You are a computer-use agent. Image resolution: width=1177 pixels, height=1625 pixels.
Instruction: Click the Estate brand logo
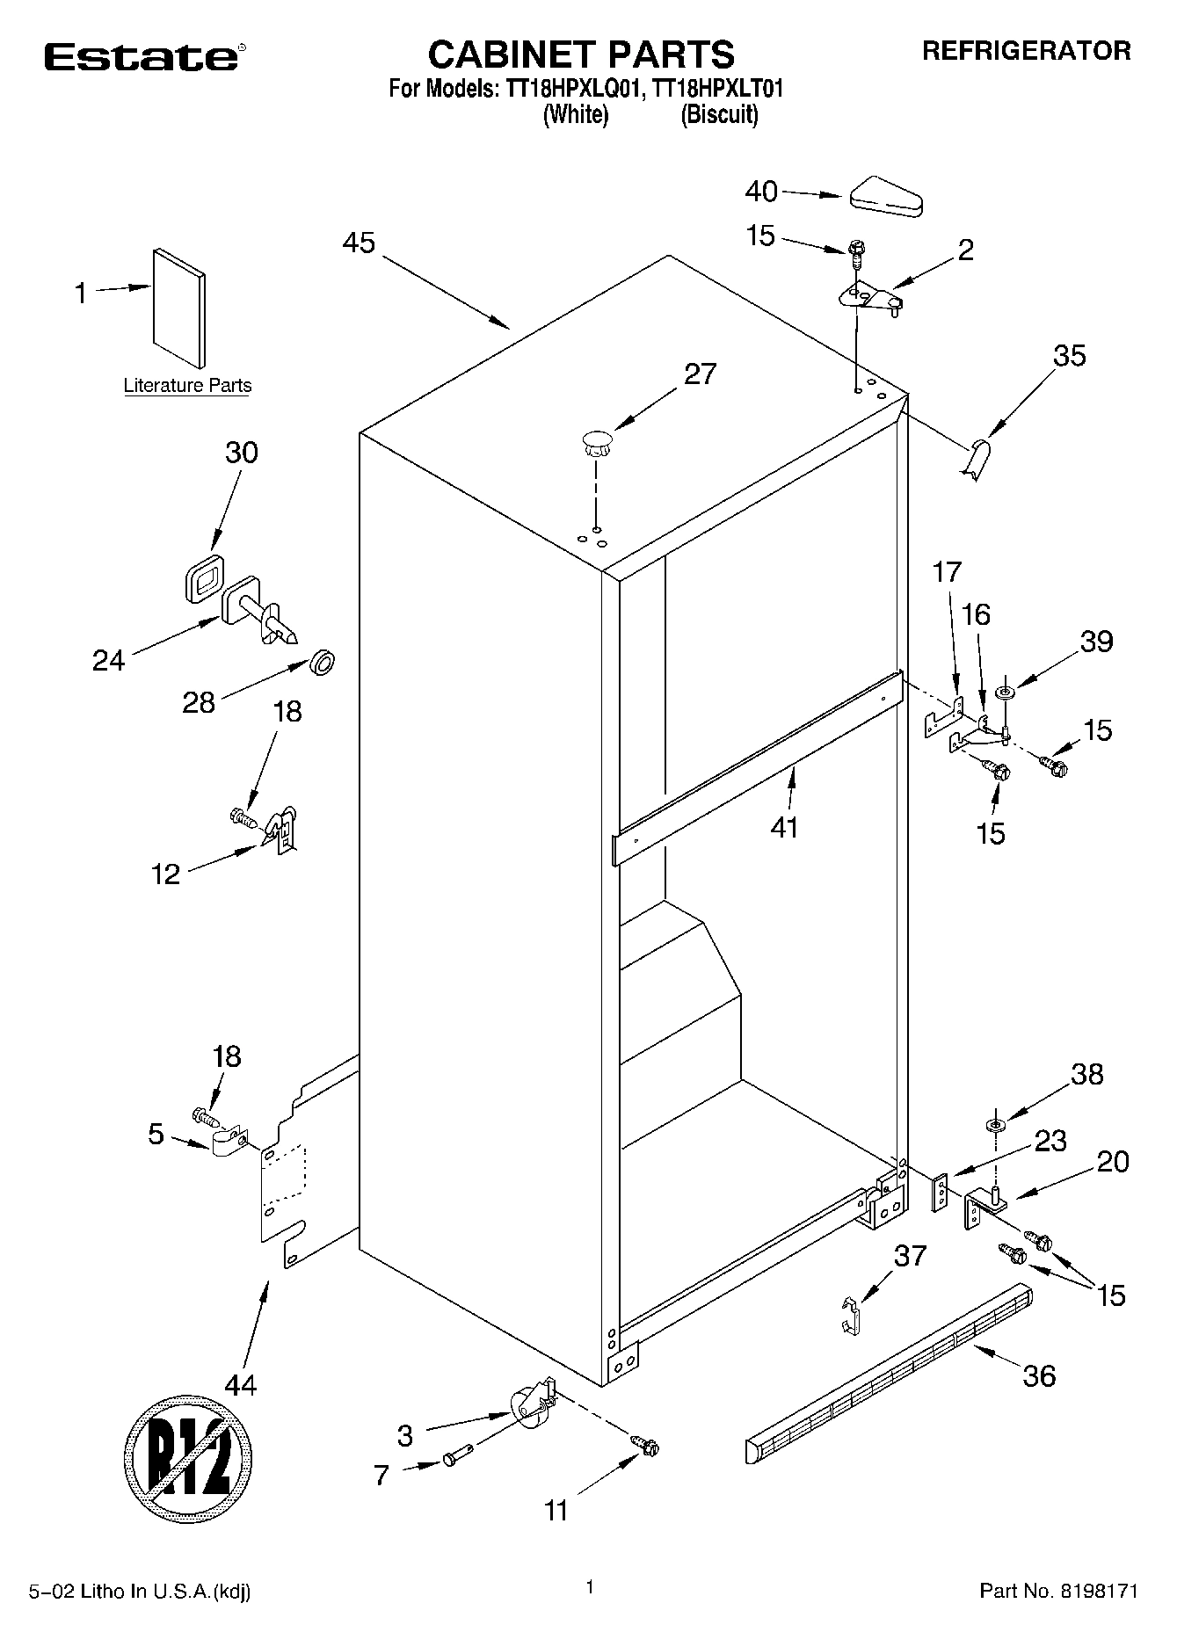point(141,57)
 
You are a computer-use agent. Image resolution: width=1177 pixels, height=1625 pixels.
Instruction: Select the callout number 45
point(359,243)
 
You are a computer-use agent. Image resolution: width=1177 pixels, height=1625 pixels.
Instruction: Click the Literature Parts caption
point(187,386)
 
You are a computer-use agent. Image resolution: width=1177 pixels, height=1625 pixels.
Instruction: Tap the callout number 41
point(784,827)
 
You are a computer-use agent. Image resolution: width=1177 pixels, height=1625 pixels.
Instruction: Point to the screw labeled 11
point(647,1446)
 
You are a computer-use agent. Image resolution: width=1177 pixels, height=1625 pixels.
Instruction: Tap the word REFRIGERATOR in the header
point(1026,51)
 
